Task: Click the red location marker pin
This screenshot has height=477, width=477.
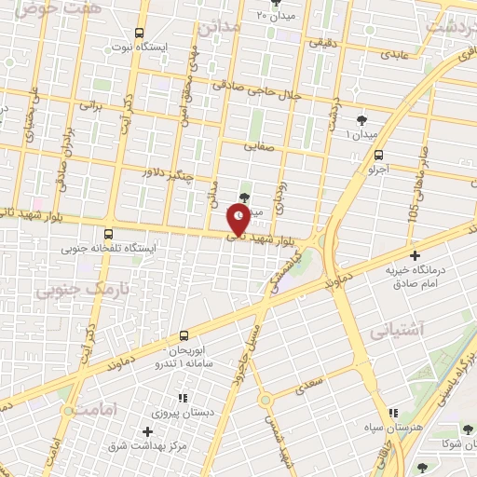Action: point(238,220)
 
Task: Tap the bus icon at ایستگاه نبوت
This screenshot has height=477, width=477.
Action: point(140,32)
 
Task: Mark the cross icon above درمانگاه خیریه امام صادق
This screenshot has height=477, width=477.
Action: point(415,254)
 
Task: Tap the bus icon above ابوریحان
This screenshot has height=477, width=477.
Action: point(184,334)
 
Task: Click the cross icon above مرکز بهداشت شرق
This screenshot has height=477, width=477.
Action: point(147,432)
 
